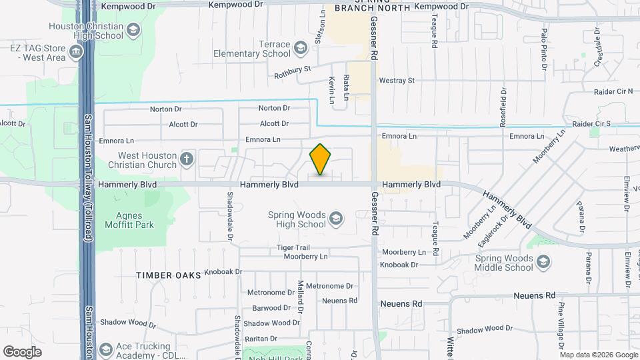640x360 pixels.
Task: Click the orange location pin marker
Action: click(x=320, y=159)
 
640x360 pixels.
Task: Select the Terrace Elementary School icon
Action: click(x=301, y=47)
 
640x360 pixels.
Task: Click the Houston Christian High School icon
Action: click(x=133, y=30)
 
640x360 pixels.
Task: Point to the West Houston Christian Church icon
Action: click(x=187, y=159)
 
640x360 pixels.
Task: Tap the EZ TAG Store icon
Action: click(x=75, y=51)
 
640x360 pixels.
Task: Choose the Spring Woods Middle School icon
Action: click(x=544, y=261)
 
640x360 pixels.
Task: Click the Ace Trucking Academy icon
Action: click(x=105, y=349)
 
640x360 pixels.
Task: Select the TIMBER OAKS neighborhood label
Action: click(x=168, y=275)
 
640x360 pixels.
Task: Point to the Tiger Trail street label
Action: click(x=293, y=248)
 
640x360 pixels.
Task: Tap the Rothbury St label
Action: click(x=293, y=71)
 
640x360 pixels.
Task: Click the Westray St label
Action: click(x=397, y=81)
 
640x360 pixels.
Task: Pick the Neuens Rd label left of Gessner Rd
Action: click(x=339, y=301)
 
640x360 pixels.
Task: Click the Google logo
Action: click(x=23, y=351)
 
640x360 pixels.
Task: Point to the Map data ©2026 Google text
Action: click(x=598, y=355)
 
